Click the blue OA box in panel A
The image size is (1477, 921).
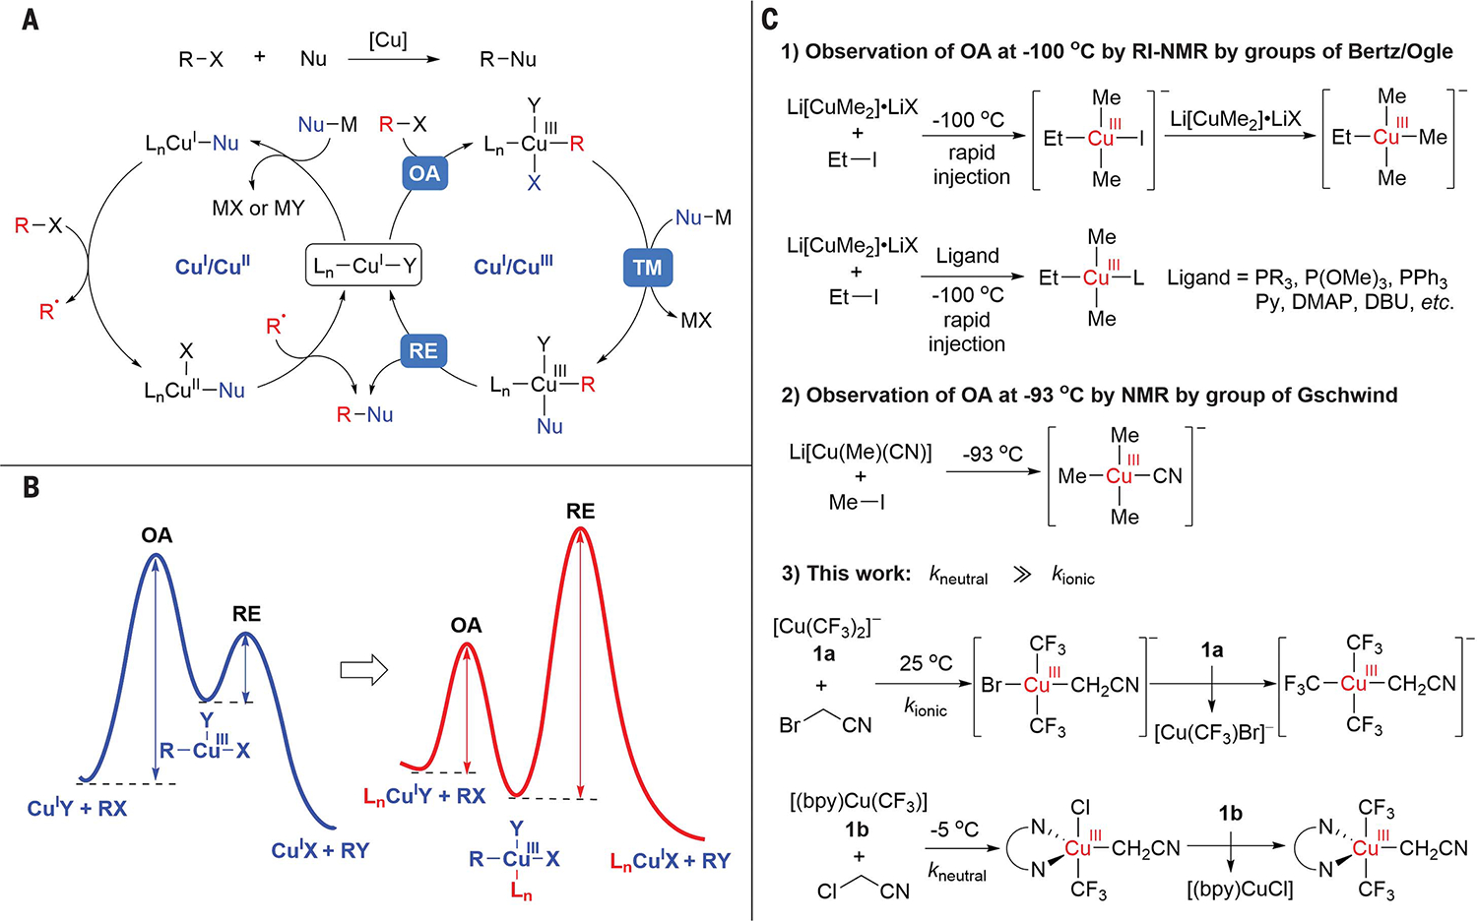(424, 173)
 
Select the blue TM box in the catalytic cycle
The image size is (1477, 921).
(647, 267)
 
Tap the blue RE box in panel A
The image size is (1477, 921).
(423, 350)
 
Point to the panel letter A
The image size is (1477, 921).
(31, 19)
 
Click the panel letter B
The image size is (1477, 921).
(31, 487)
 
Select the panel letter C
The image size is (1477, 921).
(770, 19)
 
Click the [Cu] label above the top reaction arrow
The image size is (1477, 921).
(388, 40)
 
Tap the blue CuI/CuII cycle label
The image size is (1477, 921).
(213, 267)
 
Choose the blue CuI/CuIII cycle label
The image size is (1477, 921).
(513, 266)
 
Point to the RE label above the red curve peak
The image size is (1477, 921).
(580, 511)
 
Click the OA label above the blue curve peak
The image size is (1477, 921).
(157, 535)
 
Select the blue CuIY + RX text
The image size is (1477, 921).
(77, 809)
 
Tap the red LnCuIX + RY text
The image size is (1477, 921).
(671, 861)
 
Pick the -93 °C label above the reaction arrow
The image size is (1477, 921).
(993, 454)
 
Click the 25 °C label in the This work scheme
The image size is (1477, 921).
(926, 663)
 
